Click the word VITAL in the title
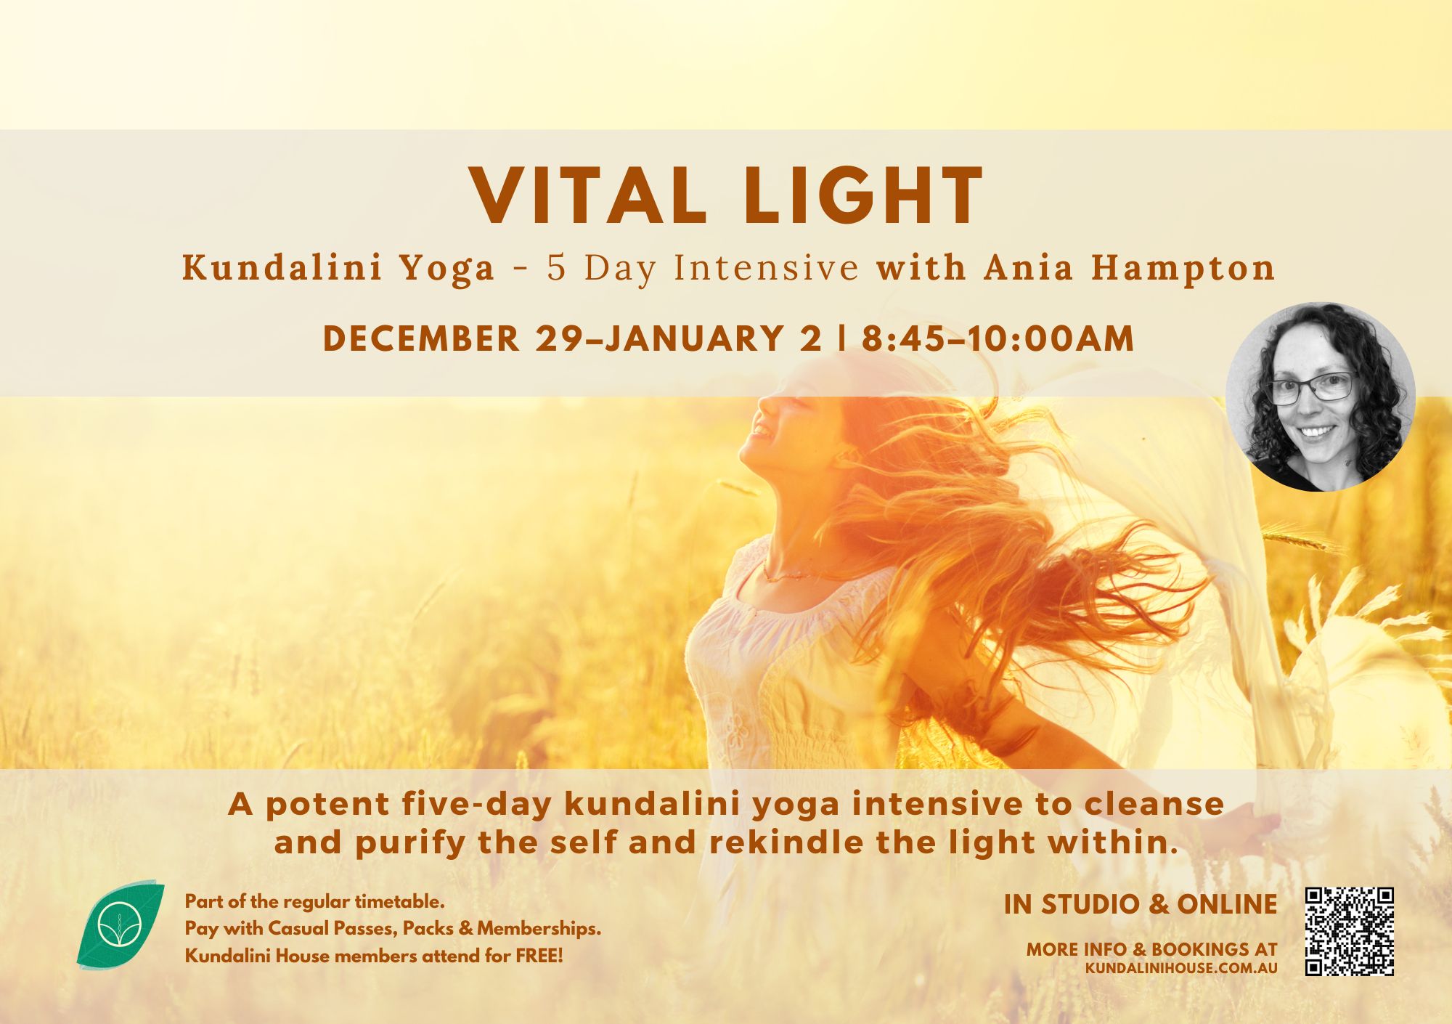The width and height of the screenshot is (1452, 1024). pyautogui.click(x=588, y=196)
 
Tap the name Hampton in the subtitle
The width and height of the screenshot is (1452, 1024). pyautogui.click(x=1184, y=269)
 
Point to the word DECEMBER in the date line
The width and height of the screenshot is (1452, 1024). pyautogui.click(x=422, y=338)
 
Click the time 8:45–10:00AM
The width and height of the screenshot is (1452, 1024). pyautogui.click(x=998, y=338)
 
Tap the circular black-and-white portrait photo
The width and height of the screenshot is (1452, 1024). pyautogui.click(x=1321, y=397)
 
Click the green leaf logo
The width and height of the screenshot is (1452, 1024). pyautogui.click(x=120, y=924)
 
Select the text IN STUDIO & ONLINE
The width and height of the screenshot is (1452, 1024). pyautogui.click(x=1141, y=904)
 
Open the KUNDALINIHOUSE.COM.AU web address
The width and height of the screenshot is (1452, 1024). pyautogui.click(x=1181, y=968)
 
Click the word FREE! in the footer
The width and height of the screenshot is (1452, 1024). pyautogui.click(x=539, y=956)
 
